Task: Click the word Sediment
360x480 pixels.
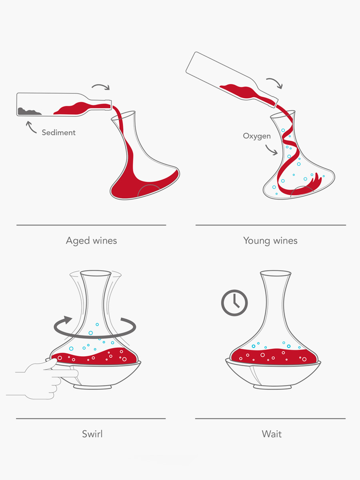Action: click(58, 132)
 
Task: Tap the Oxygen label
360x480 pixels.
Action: click(257, 136)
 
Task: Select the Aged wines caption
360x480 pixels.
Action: click(91, 241)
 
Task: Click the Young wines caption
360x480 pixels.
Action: click(270, 241)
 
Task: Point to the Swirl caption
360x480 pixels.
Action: click(92, 434)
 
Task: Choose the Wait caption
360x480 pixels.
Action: click(272, 434)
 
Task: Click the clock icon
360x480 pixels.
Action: click(234, 303)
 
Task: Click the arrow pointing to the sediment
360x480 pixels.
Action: click(31, 127)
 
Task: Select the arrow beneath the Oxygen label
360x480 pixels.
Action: click(272, 150)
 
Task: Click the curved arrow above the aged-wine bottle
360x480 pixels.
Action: click(101, 86)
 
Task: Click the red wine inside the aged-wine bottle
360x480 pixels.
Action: click(82, 109)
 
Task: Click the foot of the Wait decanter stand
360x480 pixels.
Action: click(272, 387)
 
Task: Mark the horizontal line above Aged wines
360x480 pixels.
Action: click(91, 225)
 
